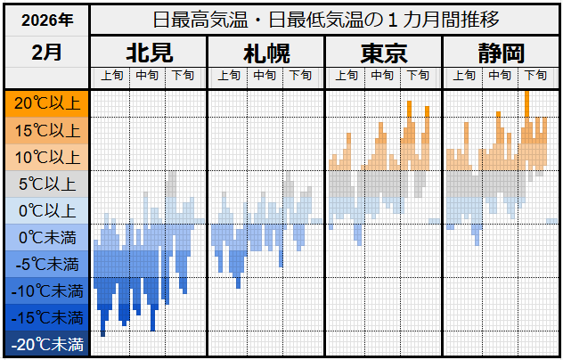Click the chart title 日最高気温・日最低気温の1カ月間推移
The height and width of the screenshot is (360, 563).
(x=326, y=19)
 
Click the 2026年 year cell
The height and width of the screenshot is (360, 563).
(x=46, y=19)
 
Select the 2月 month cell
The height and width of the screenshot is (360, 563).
(x=46, y=53)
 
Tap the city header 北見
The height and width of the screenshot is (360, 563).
(x=149, y=53)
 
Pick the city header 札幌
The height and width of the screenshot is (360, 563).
(x=265, y=53)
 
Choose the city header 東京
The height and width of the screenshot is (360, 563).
(x=383, y=53)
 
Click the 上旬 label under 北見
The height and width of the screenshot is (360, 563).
(x=111, y=76)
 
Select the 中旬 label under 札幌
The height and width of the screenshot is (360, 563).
(x=265, y=76)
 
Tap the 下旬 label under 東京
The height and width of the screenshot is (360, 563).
(x=419, y=76)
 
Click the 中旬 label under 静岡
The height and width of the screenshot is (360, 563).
(x=500, y=76)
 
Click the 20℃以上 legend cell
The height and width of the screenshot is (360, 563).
(x=46, y=103)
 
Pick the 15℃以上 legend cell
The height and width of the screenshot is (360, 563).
(x=46, y=130)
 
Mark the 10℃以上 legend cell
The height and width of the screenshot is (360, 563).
(x=46, y=158)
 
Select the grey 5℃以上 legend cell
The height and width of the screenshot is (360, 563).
(x=46, y=184)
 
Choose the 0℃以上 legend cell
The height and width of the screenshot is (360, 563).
(x=46, y=211)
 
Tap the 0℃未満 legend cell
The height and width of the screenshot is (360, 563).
(x=46, y=238)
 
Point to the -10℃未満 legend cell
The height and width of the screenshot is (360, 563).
(x=46, y=290)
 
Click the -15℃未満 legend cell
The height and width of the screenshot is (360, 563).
(x=46, y=317)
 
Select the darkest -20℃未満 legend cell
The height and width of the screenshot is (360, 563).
(x=46, y=344)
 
